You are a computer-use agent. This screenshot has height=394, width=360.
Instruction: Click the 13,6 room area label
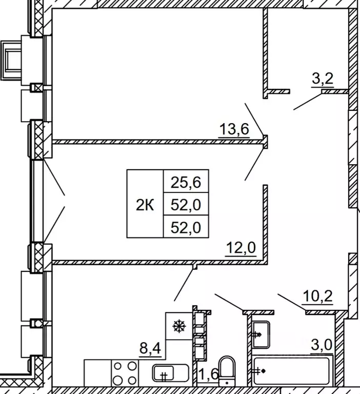(x=234, y=129)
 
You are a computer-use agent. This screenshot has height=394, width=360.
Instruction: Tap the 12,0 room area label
(x=241, y=247)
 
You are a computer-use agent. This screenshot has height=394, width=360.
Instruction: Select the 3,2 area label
(x=323, y=78)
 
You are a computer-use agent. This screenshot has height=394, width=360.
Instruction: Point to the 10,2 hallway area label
(x=318, y=296)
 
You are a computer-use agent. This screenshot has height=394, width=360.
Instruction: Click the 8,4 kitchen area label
(x=150, y=348)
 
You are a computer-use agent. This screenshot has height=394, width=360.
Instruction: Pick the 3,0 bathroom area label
(x=322, y=345)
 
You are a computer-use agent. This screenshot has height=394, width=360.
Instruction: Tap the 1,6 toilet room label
(x=208, y=375)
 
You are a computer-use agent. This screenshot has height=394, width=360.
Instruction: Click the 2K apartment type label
(x=145, y=205)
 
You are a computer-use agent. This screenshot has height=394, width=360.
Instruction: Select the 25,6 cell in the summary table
(x=186, y=182)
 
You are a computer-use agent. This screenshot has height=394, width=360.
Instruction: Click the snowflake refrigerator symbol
(x=179, y=326)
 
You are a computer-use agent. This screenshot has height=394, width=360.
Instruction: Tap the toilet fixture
(x=227, y=371)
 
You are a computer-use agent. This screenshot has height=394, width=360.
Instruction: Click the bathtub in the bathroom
(x=291, y=371)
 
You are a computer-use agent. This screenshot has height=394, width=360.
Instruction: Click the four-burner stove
(x=125, y=372)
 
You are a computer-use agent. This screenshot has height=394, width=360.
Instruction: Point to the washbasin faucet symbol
(x=257, y=334)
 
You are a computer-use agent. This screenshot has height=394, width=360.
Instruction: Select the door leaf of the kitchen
(x=184, y=284)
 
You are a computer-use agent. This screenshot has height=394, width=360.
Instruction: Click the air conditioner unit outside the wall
(x=11, y=61)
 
